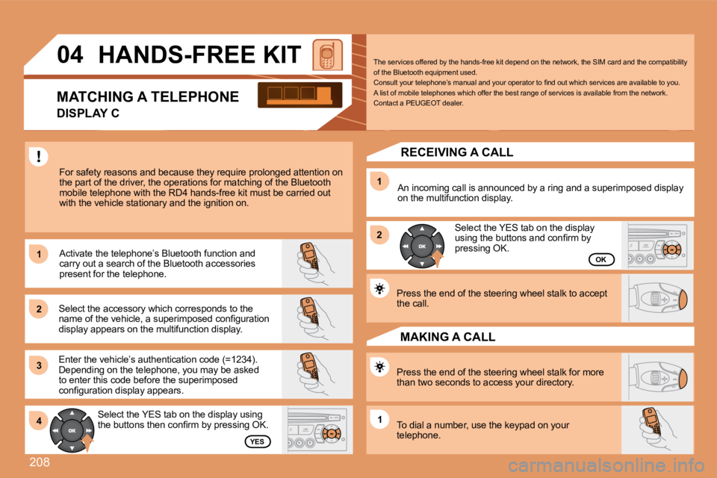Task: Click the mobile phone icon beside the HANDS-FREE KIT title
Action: coord(327,55)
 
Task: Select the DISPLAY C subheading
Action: coord(88,113)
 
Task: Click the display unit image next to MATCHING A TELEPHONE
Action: coord(299,96)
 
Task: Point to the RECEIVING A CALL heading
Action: coord(456,152)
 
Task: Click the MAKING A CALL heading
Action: coord(447,337)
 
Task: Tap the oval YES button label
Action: coord(257,441)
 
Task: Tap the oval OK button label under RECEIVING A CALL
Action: coord(600,259)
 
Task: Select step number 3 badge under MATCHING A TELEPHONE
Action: coord(37,364)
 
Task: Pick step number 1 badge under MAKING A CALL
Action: coord(379,420)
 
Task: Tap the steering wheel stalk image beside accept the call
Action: coord(660,297)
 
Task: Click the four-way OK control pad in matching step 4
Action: coord(72,432)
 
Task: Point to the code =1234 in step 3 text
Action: coord(239,360)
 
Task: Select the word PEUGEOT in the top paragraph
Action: coord(426,103)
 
